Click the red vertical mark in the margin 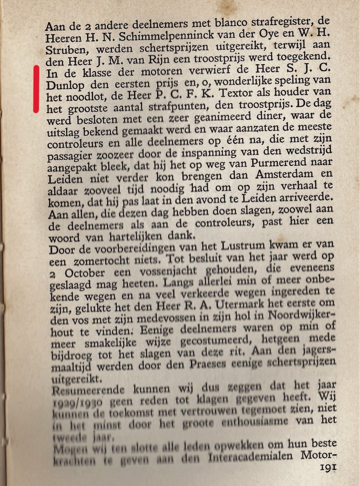click(x=36, y=89)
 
